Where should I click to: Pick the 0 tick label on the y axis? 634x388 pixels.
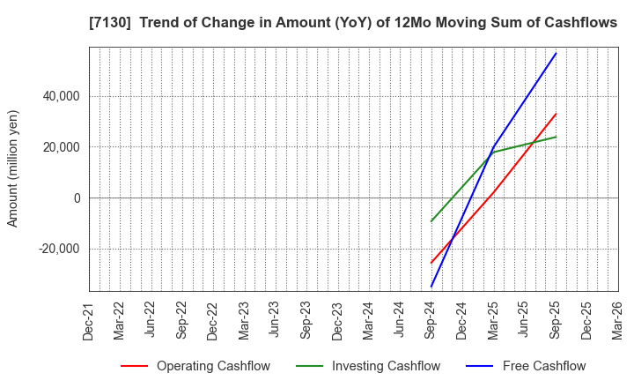point(77,198)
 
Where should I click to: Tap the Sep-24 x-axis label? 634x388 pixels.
point(431,321)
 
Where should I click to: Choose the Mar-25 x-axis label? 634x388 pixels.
point(493,321)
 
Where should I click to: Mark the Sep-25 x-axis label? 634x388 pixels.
point(556,321)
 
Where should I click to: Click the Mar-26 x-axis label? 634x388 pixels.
point(617,321)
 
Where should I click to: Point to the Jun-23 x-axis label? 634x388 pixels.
point(276,321)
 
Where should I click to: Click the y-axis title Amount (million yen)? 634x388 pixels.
point(13,168)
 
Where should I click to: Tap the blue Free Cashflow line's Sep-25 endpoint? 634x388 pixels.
point(556,53)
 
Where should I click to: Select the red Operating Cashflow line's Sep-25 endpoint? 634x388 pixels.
point(556,114)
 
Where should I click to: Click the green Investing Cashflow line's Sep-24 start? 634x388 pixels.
point(431,221)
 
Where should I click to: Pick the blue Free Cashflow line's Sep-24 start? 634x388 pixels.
point(431,287)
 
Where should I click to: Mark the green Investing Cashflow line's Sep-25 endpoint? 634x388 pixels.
point(556,137)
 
